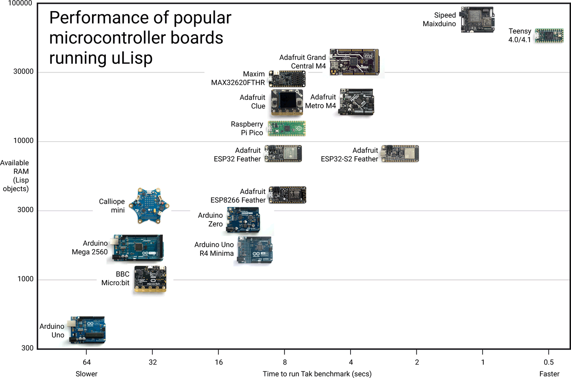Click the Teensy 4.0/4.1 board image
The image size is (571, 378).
point(549,36)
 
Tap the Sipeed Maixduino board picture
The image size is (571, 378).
point(477,19)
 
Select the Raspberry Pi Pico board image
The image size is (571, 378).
point(287,129)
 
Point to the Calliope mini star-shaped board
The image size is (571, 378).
point(149,205)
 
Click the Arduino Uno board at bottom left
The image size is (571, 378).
point(88,330)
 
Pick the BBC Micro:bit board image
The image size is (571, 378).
point(150,279)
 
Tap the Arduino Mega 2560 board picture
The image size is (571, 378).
point(138,248)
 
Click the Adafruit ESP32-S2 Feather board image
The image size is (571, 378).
point(400,154)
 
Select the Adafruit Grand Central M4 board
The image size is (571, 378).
point(354,62)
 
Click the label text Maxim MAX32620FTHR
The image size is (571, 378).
point(238,79)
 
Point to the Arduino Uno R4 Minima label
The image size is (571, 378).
point(214,249)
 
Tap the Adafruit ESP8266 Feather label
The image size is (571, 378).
point(238,196)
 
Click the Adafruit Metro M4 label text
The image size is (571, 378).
point(320,102)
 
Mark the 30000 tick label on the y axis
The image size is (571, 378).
point(23,71)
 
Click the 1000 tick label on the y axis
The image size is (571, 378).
point(25,279)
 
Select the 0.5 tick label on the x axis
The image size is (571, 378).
point(549,362)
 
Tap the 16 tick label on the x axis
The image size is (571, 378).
point(219,362)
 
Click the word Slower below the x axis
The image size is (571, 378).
point(86,374)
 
